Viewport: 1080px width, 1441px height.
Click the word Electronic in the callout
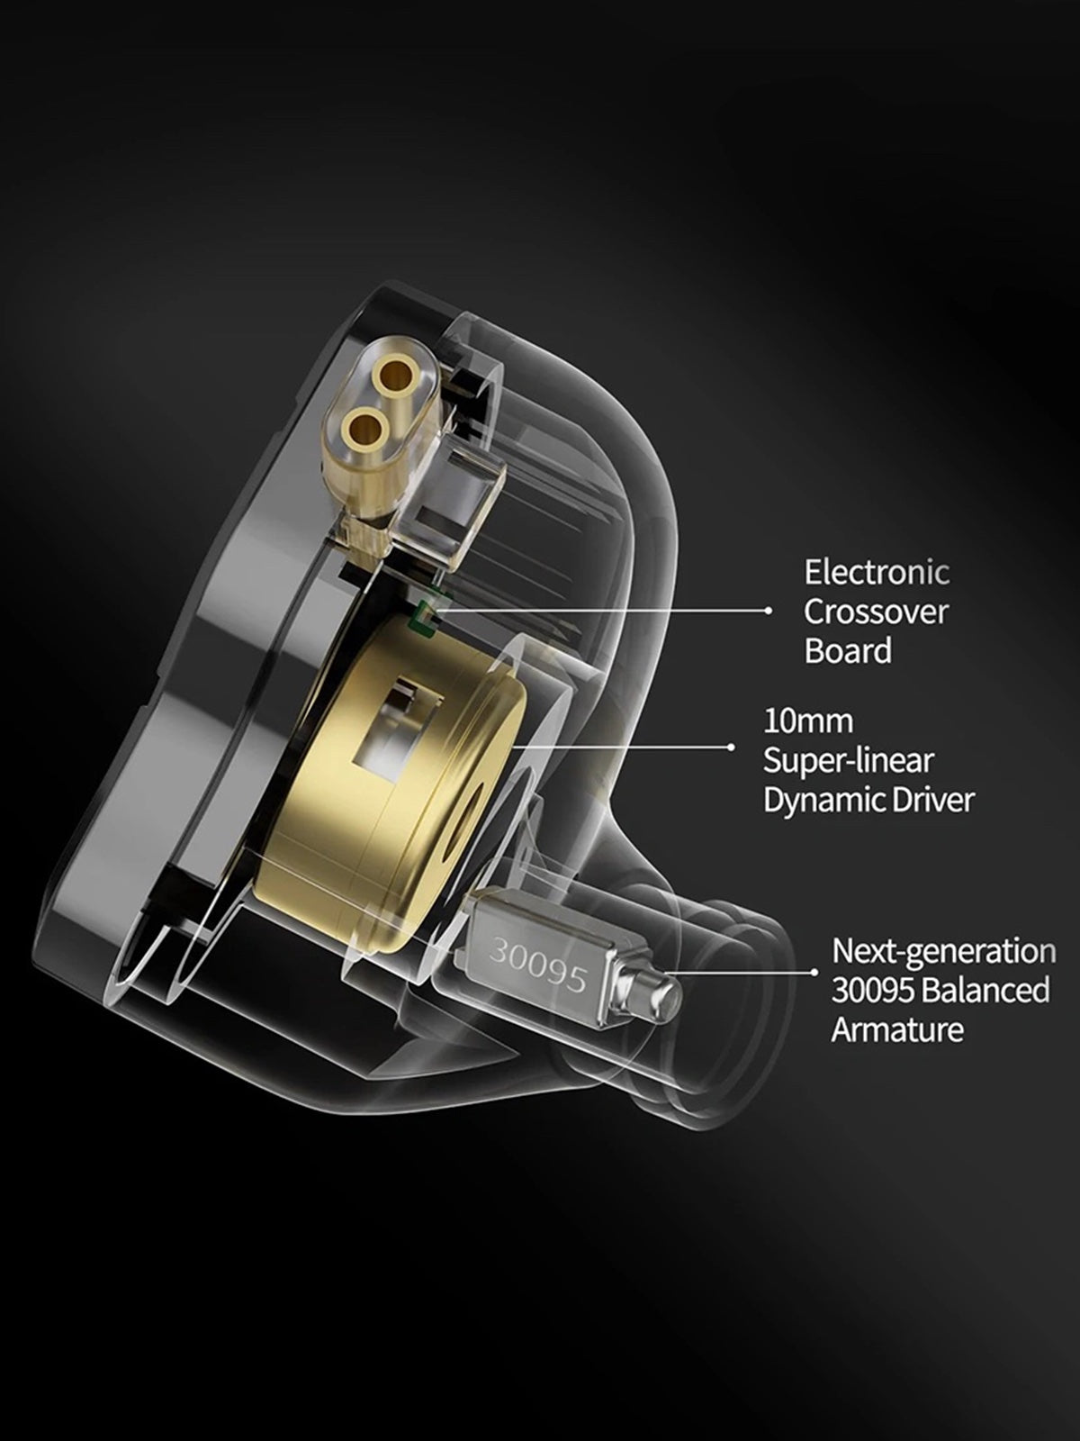[x=876, y=573]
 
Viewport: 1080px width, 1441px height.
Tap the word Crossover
[x=876, y=612]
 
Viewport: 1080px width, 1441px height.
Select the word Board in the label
[x=848, y=650]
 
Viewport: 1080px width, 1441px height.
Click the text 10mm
[x=808, y=721]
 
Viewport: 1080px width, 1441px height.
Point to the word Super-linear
[x=849, y=762]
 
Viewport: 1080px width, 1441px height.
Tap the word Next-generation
[x=943, y=951]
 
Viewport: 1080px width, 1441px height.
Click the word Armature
[x=897, y=1029]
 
